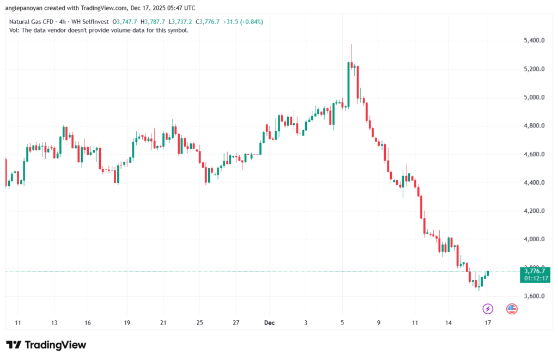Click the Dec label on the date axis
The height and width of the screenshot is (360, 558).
tap(269, 322)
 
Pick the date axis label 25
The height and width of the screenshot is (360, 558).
tap(199, 322)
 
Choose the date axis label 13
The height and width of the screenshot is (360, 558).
tap(54, 322)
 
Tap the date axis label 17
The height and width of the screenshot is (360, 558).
tap(488, 322)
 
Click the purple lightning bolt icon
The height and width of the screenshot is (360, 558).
tap(488, 309)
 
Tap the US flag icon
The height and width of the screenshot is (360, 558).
tap(512, 309)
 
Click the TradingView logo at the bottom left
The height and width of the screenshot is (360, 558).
tap(46, 345)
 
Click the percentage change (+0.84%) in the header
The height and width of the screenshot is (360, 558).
tap(251, 22)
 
